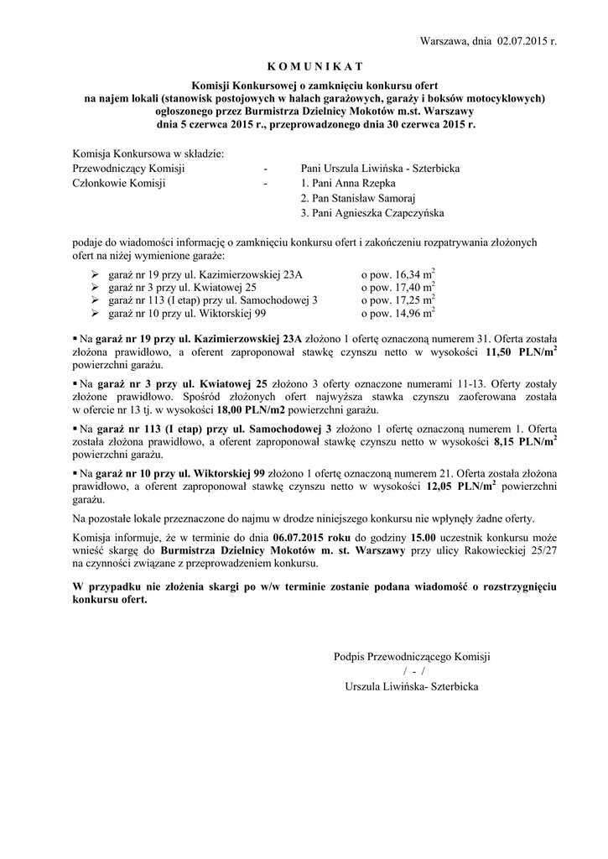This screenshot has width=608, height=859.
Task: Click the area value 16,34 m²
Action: coord(398,274)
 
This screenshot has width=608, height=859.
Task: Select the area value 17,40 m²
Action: coord(398,287)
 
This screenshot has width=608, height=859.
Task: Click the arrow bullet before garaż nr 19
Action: coord(94,275)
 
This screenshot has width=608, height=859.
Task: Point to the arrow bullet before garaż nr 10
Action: coord(94,314)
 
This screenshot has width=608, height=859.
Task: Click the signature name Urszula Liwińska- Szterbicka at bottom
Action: coord(411,686)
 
